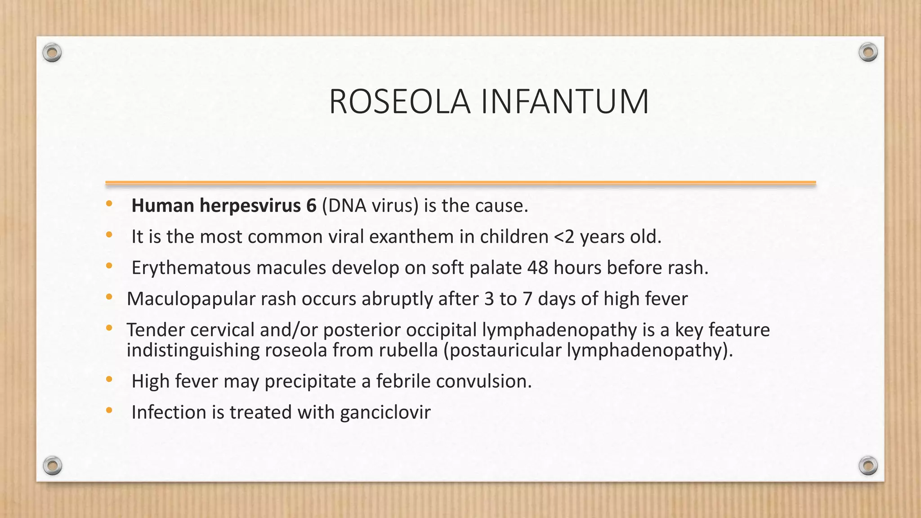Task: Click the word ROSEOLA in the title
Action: (400, 102)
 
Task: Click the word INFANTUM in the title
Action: (565, 102)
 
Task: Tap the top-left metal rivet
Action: (52, 53)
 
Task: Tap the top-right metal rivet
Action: (868, 53)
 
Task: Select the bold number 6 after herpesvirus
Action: (311, 205)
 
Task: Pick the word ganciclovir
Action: (385, 412)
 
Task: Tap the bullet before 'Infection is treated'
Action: (109, 411)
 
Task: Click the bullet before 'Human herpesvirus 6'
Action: (109, 204)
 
